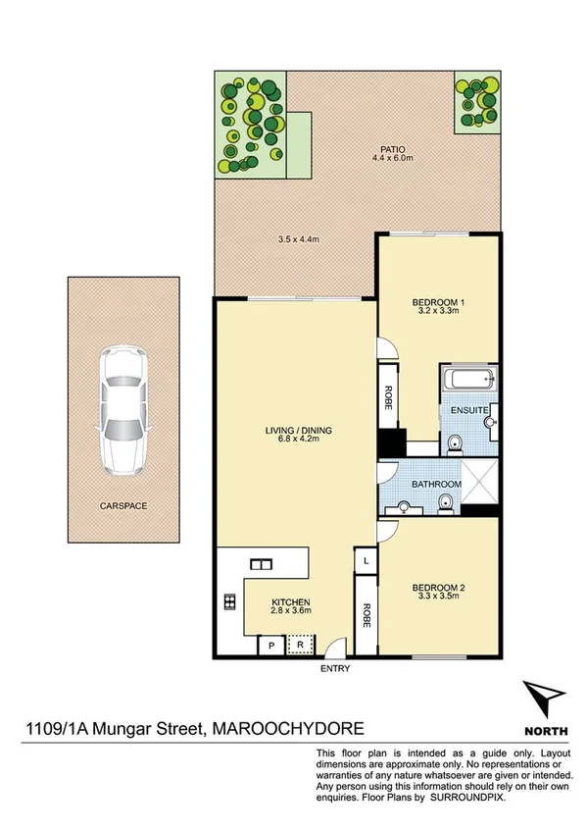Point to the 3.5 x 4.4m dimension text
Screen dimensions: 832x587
click(x=297, y=238)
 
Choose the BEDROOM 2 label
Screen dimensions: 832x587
click(x=438, y=589)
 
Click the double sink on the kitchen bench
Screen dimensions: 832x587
click(x=261, y=564)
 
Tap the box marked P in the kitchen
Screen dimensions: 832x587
click(x=270, y=646)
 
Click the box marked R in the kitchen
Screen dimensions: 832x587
click(x=300, y=646)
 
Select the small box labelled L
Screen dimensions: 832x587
click(x=365, y=560)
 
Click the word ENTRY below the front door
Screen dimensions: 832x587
click(x=334, y=669)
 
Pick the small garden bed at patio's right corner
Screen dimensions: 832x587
click(x=477, y=102)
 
